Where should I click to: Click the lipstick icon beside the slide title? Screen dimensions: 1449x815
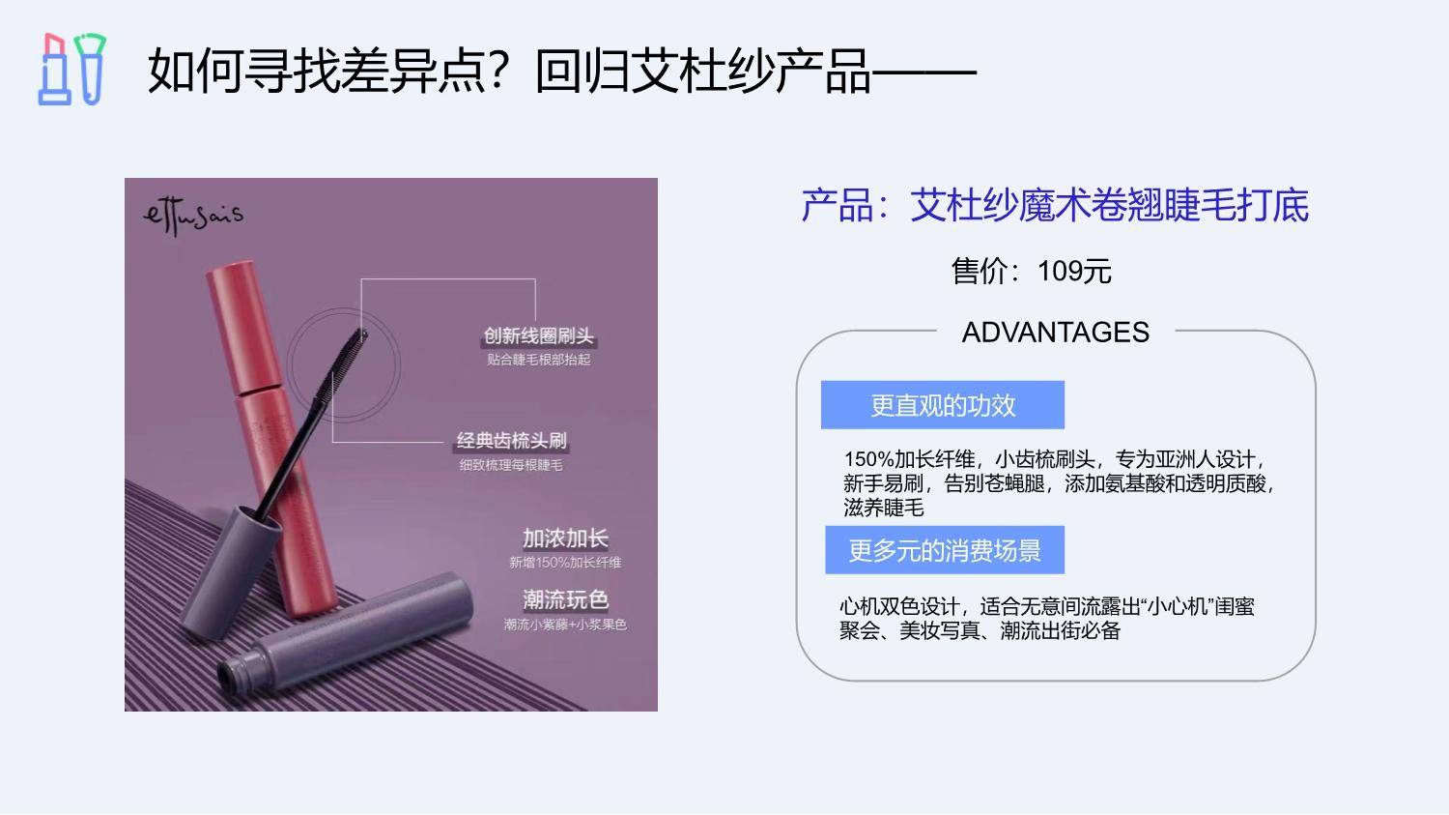pyautogui.click(x=55, y=70)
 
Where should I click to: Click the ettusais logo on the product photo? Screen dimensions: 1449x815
pyautogui.click(x=193, y=216)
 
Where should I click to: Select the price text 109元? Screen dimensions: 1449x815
pyautogui.click(x=1074, y=272)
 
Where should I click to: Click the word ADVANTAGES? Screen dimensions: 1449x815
pyautogui.click(x=1056, y=332)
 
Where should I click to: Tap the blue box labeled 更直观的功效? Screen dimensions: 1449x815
pyautogui.click(x=943, y=405)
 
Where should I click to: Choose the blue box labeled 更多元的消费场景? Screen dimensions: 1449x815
pyautogui.click(x=945, y=550)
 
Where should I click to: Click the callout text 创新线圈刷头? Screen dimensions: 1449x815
pyautogui.click(x=539, y=336)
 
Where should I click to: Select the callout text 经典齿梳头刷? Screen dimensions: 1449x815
pyautogui.click(x=512, y=441)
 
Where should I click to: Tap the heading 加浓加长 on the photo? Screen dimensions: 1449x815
pyautogui.click(x=565, y=538)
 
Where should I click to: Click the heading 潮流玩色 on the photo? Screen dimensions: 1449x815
pyautogui.click(x=565, y=599)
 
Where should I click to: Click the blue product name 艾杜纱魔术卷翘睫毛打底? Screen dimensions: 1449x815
pyautogui.click(x=1109, y=206)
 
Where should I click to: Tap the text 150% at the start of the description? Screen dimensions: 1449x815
pyautogui.click(x=868, y=459)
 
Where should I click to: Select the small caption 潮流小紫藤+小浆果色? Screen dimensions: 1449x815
pyautogui.click(x=565, y=625)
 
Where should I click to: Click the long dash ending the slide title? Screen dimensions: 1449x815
pyautogui.click(x=924, y=73)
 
